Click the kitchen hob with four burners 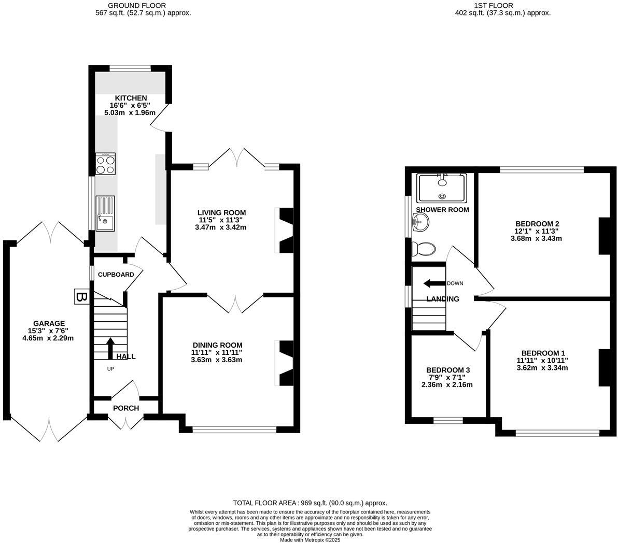click(x=105, y=164)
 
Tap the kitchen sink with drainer click(x=105, y=213)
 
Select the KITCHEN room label click(x=131, y=98)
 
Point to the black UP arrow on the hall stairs click(x=110, y=348)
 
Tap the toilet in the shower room click(x=423, y=249)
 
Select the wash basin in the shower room click(x=420, y=223)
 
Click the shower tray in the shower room click(x=442, y=188)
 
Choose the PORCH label click(x=126, y=408)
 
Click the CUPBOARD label click(x=116, y=275)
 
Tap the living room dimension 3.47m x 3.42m click(x=221, y=227)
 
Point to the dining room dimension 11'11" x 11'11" click(x=217, y=352)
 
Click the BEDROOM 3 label click(x=447, y=370)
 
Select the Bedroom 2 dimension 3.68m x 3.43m click(x=536, y=238)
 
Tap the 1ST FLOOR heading click(x=494, y=6)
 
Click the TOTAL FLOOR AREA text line click(x=310, y=503)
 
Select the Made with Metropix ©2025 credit click(x=310, y=539)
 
